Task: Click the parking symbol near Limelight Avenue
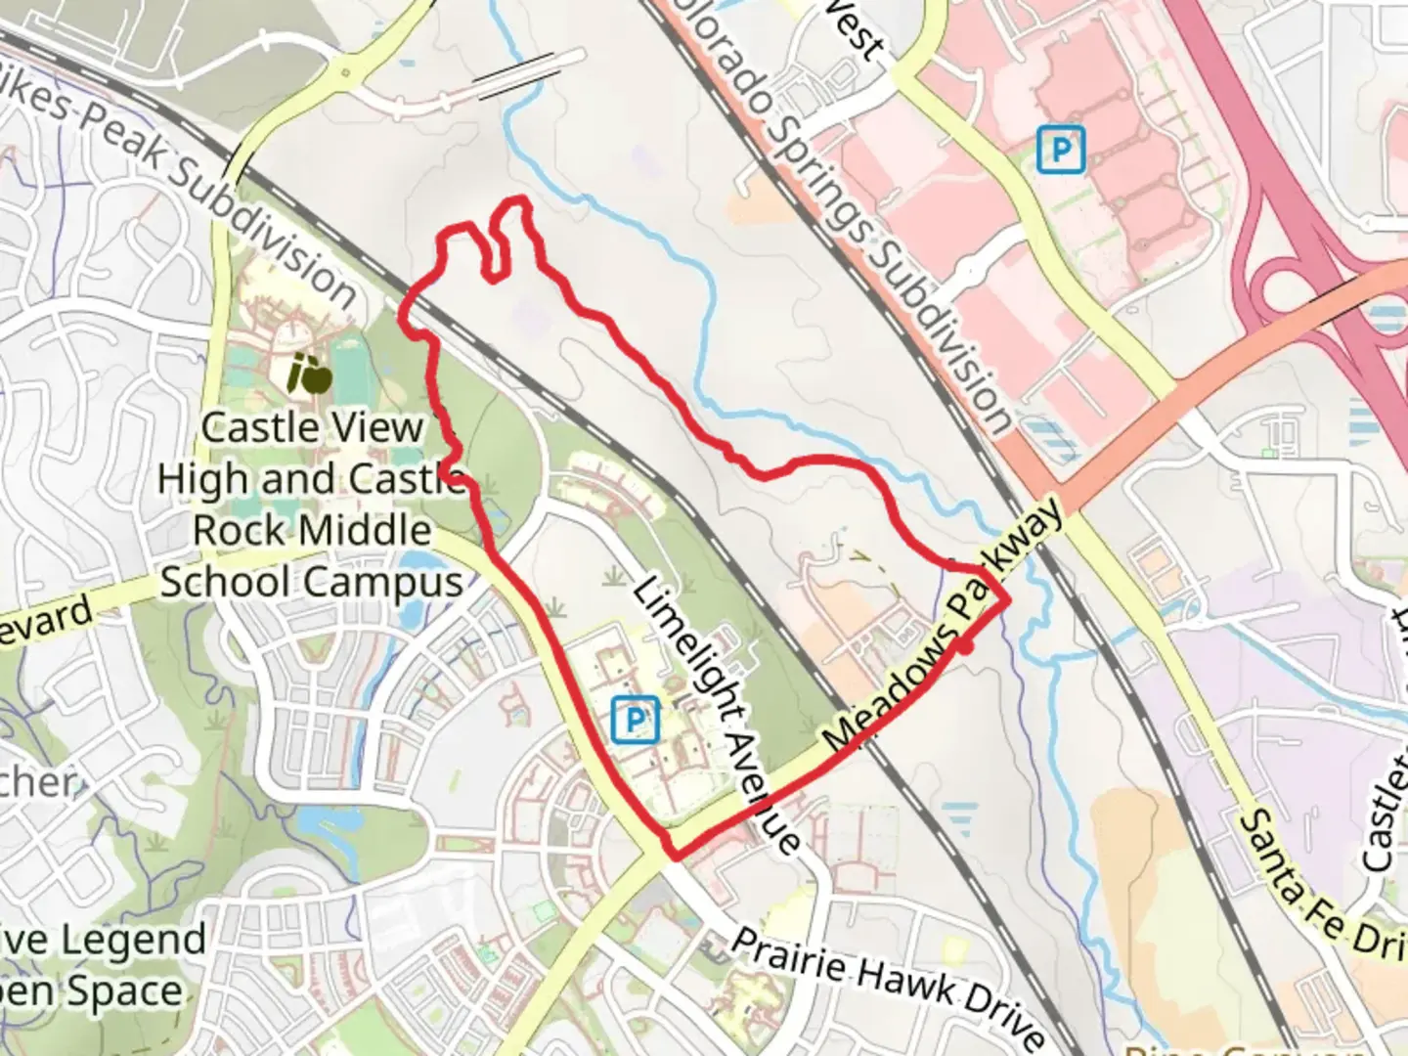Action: [635, 722]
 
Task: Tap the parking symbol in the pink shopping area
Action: [1061, 151]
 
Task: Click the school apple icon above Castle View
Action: [310, 374]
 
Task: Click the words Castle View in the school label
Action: [313, 427]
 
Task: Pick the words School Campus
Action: [311, 582]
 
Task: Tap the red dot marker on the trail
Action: [965, 646]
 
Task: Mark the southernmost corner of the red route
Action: [674, 858]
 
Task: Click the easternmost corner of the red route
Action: [1006, 601]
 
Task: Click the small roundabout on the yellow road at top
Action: [345, 73]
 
